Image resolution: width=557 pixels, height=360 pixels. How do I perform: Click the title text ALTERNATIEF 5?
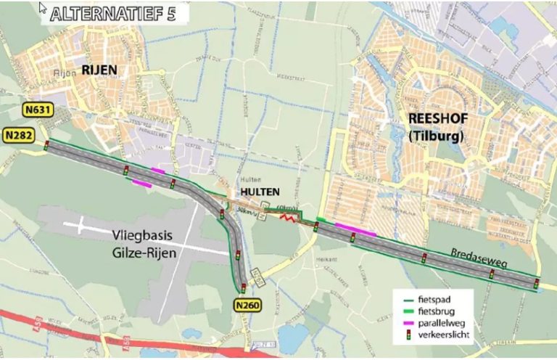pyautogui.click(x=113, y=15)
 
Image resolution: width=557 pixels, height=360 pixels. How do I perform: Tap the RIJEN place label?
pyautogui.click(x=99, y=70)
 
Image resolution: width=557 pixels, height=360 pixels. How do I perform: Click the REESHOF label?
pyautogui.click(x=436, y=120)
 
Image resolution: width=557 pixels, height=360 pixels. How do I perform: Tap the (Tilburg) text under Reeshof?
pyautogui.click(x=436, y=134)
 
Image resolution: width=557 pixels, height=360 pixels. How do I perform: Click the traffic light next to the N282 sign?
pyautogui.click(x=46, y=145)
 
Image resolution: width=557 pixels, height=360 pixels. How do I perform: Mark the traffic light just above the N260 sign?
pyautogui.click(x=244, y=288)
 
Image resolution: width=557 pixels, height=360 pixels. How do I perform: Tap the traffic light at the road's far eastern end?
pyautogui.click(x=537, y=283)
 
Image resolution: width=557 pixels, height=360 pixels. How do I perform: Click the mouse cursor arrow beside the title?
pyautogui.click(x=43, y=8)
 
